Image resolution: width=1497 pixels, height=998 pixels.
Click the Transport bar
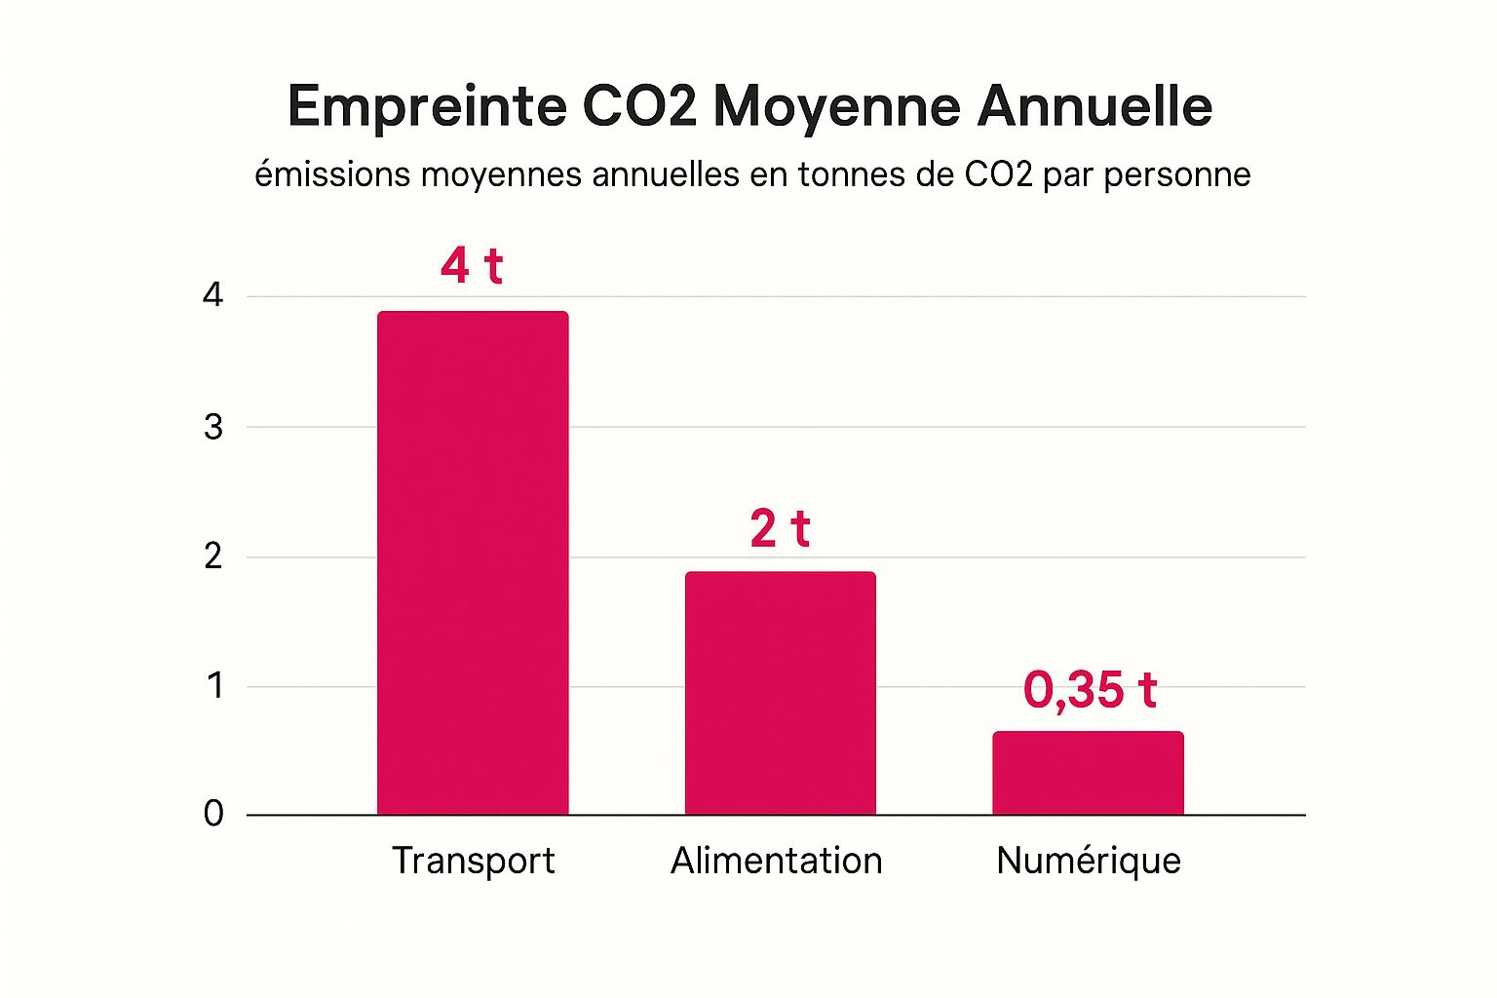point(473,563)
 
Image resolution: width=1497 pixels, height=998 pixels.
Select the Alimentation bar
point(780,693)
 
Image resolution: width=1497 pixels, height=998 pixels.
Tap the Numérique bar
point(1088,773)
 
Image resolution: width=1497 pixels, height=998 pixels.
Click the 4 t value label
point(472,266)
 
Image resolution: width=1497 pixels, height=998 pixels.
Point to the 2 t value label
point(780,529)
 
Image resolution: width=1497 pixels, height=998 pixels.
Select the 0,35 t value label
point(1090,690)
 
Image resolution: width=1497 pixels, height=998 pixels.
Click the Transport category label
point(473,861)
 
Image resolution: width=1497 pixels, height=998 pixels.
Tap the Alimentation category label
point(777,861)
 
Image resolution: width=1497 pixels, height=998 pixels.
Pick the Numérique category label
point(1089,861)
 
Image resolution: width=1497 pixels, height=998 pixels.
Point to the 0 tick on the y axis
point(213,814)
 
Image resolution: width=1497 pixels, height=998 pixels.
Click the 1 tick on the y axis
point(214,686)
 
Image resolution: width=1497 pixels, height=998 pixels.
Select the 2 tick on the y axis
point(213,557)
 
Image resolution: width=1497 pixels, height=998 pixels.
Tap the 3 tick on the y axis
point(213,427)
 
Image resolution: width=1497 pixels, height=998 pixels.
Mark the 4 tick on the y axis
point(213,295)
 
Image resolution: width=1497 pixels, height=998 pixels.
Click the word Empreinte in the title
point(427,106)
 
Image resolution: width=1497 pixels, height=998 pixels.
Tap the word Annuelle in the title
point(1094,106)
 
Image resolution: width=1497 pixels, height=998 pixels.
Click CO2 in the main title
point(639,106)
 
